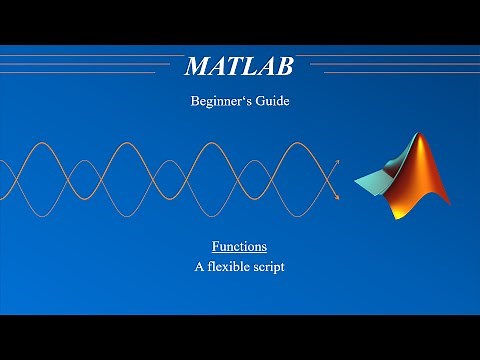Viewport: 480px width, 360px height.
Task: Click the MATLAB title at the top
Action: pos(239,67)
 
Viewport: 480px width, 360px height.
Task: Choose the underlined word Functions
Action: pos(239,246)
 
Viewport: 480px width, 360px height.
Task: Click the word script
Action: pos(269,268)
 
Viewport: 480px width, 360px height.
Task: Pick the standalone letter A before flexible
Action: pos(199,267)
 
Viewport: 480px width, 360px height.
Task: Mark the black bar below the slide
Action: pos(240,337)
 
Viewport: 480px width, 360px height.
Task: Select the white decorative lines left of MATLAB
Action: pos(90,64)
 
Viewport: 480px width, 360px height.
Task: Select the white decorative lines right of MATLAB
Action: pos(390,64)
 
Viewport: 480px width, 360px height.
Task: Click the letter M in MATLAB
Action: pos(198,67)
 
